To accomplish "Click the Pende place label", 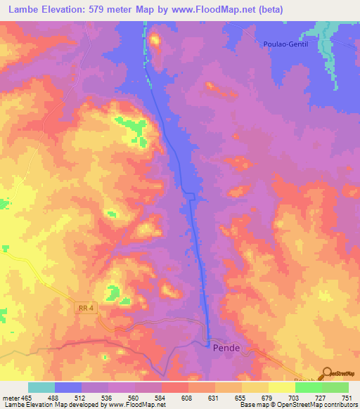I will tap(226, 348).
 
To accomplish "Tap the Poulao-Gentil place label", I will tap(285, 44).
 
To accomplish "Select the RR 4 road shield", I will tap(85, 309).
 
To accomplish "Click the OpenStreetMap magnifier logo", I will tap(326, 374).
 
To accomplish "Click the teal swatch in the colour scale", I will tap(41, 387).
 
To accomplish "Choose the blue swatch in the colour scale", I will tap(67, 387).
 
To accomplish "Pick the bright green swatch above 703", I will tap(308, 387).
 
